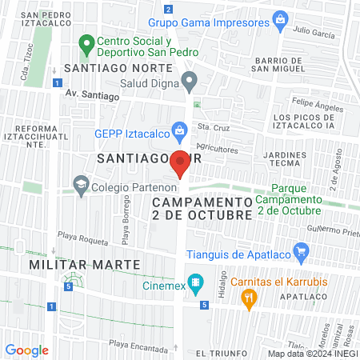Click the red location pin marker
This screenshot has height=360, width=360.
click(x=181, y=162)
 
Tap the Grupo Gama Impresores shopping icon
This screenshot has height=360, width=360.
click(x=280, y=18)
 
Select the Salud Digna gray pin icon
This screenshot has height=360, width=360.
click(x=190, y=81)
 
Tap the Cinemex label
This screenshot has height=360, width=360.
click(x=163, y=284)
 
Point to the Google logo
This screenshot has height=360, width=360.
click(x=27, y=350)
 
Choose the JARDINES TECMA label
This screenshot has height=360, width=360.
click(x=284, y=160)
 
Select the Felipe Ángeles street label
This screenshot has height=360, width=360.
click(x=313, y=103)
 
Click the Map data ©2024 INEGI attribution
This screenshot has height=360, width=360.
click(x=311, y=353)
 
